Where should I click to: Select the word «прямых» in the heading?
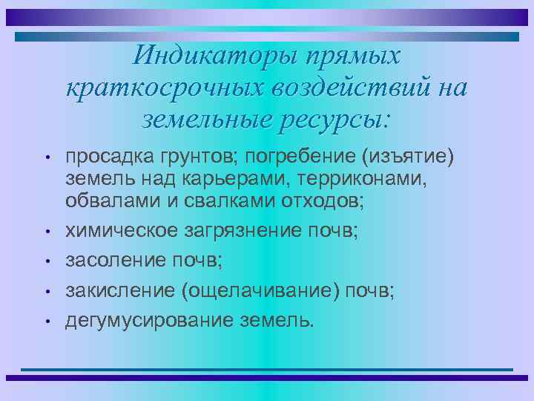coord(348,56)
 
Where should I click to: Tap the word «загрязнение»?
coord(243,231)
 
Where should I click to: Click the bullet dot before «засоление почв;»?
coord(47,262)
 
